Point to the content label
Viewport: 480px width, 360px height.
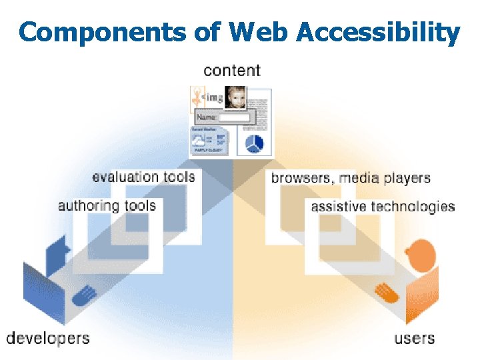(232, 70)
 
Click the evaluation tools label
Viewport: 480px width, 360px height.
(143, 177)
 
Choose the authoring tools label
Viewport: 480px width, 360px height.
(107, 205)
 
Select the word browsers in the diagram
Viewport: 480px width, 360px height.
(301, 179)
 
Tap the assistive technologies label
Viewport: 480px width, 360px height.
(383, 207)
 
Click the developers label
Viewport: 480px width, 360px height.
(48, 337)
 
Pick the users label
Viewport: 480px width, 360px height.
(414, 338)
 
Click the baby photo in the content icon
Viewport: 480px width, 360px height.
(235, 97)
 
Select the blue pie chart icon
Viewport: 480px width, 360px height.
(254, 142)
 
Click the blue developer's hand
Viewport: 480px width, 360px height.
(85, 294)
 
